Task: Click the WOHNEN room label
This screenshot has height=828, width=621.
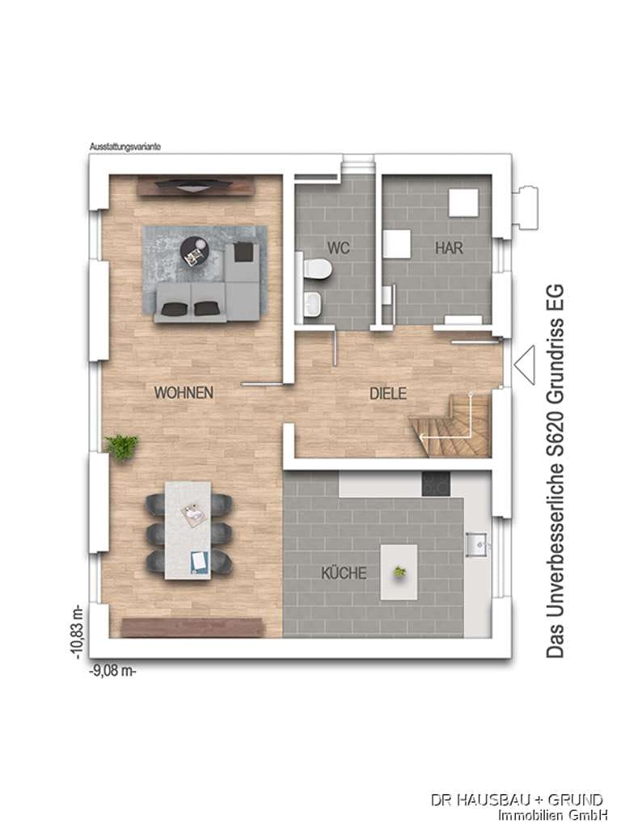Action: (184, 392)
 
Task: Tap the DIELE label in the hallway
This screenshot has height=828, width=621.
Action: (387, 394)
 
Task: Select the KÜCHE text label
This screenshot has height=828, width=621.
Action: (344, 573)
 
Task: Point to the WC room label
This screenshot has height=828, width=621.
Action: (338, 247)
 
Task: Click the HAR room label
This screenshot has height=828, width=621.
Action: (449, 247)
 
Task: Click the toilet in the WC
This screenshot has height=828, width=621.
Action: (319, 268)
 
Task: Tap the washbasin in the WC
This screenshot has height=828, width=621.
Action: (313, 305)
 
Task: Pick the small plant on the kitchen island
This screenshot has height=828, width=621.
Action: (399, 572)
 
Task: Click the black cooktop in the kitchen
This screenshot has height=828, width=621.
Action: (436, 484)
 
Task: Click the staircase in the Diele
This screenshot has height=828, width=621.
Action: (451, 425)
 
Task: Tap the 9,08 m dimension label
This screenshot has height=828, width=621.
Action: (112, 672)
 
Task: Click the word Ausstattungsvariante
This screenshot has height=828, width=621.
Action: (125, 147)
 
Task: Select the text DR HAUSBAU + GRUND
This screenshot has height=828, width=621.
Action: (517, 799)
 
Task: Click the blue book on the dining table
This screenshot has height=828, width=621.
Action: (199, 562)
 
